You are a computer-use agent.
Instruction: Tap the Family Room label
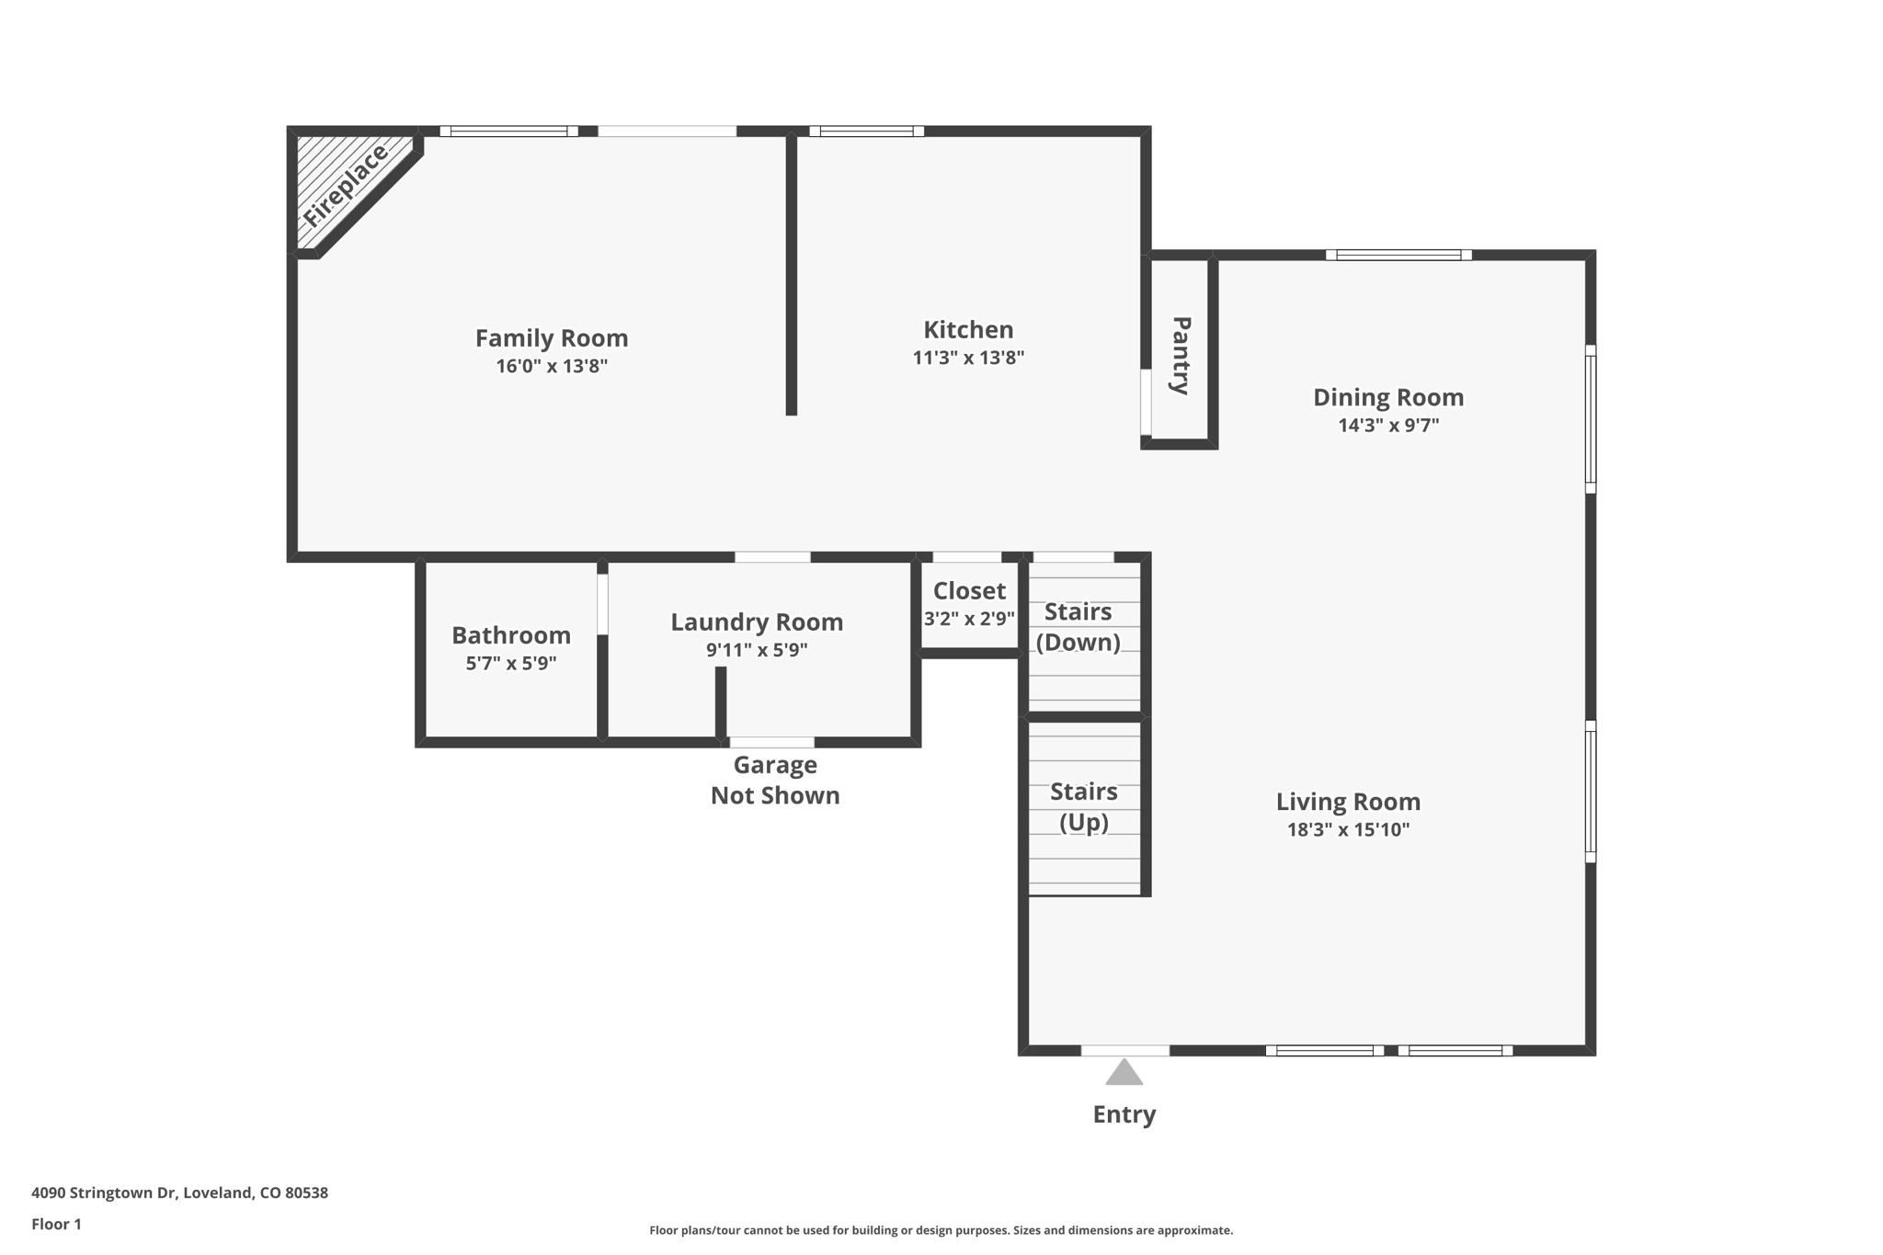(552, 338)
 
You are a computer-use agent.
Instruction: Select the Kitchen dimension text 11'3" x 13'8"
(968, 358)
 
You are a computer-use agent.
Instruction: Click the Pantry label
(1181, 355)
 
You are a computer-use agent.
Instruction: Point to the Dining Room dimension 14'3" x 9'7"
(1388, 426)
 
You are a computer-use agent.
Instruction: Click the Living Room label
(1348, 802)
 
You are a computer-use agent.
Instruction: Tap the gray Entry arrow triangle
(1124, 1074)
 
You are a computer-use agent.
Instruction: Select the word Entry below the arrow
(1124, 1114)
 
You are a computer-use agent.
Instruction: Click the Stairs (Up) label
(1084, 806)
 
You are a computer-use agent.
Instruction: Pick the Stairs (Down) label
(1078, 626)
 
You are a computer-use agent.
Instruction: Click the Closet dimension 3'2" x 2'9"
(969, 619)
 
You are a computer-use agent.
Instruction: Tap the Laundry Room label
(757, 622)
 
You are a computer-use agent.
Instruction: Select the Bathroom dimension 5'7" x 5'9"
(511, 663)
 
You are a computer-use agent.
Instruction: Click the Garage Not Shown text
(775, 780)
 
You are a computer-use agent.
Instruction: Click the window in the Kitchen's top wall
(867, 131)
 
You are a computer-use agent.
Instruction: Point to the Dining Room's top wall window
(1398, 255)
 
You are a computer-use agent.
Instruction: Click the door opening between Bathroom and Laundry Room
(603, 604)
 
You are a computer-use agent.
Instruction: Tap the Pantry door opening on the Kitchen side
(1146, 402)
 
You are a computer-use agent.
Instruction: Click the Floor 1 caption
(56, 1224)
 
